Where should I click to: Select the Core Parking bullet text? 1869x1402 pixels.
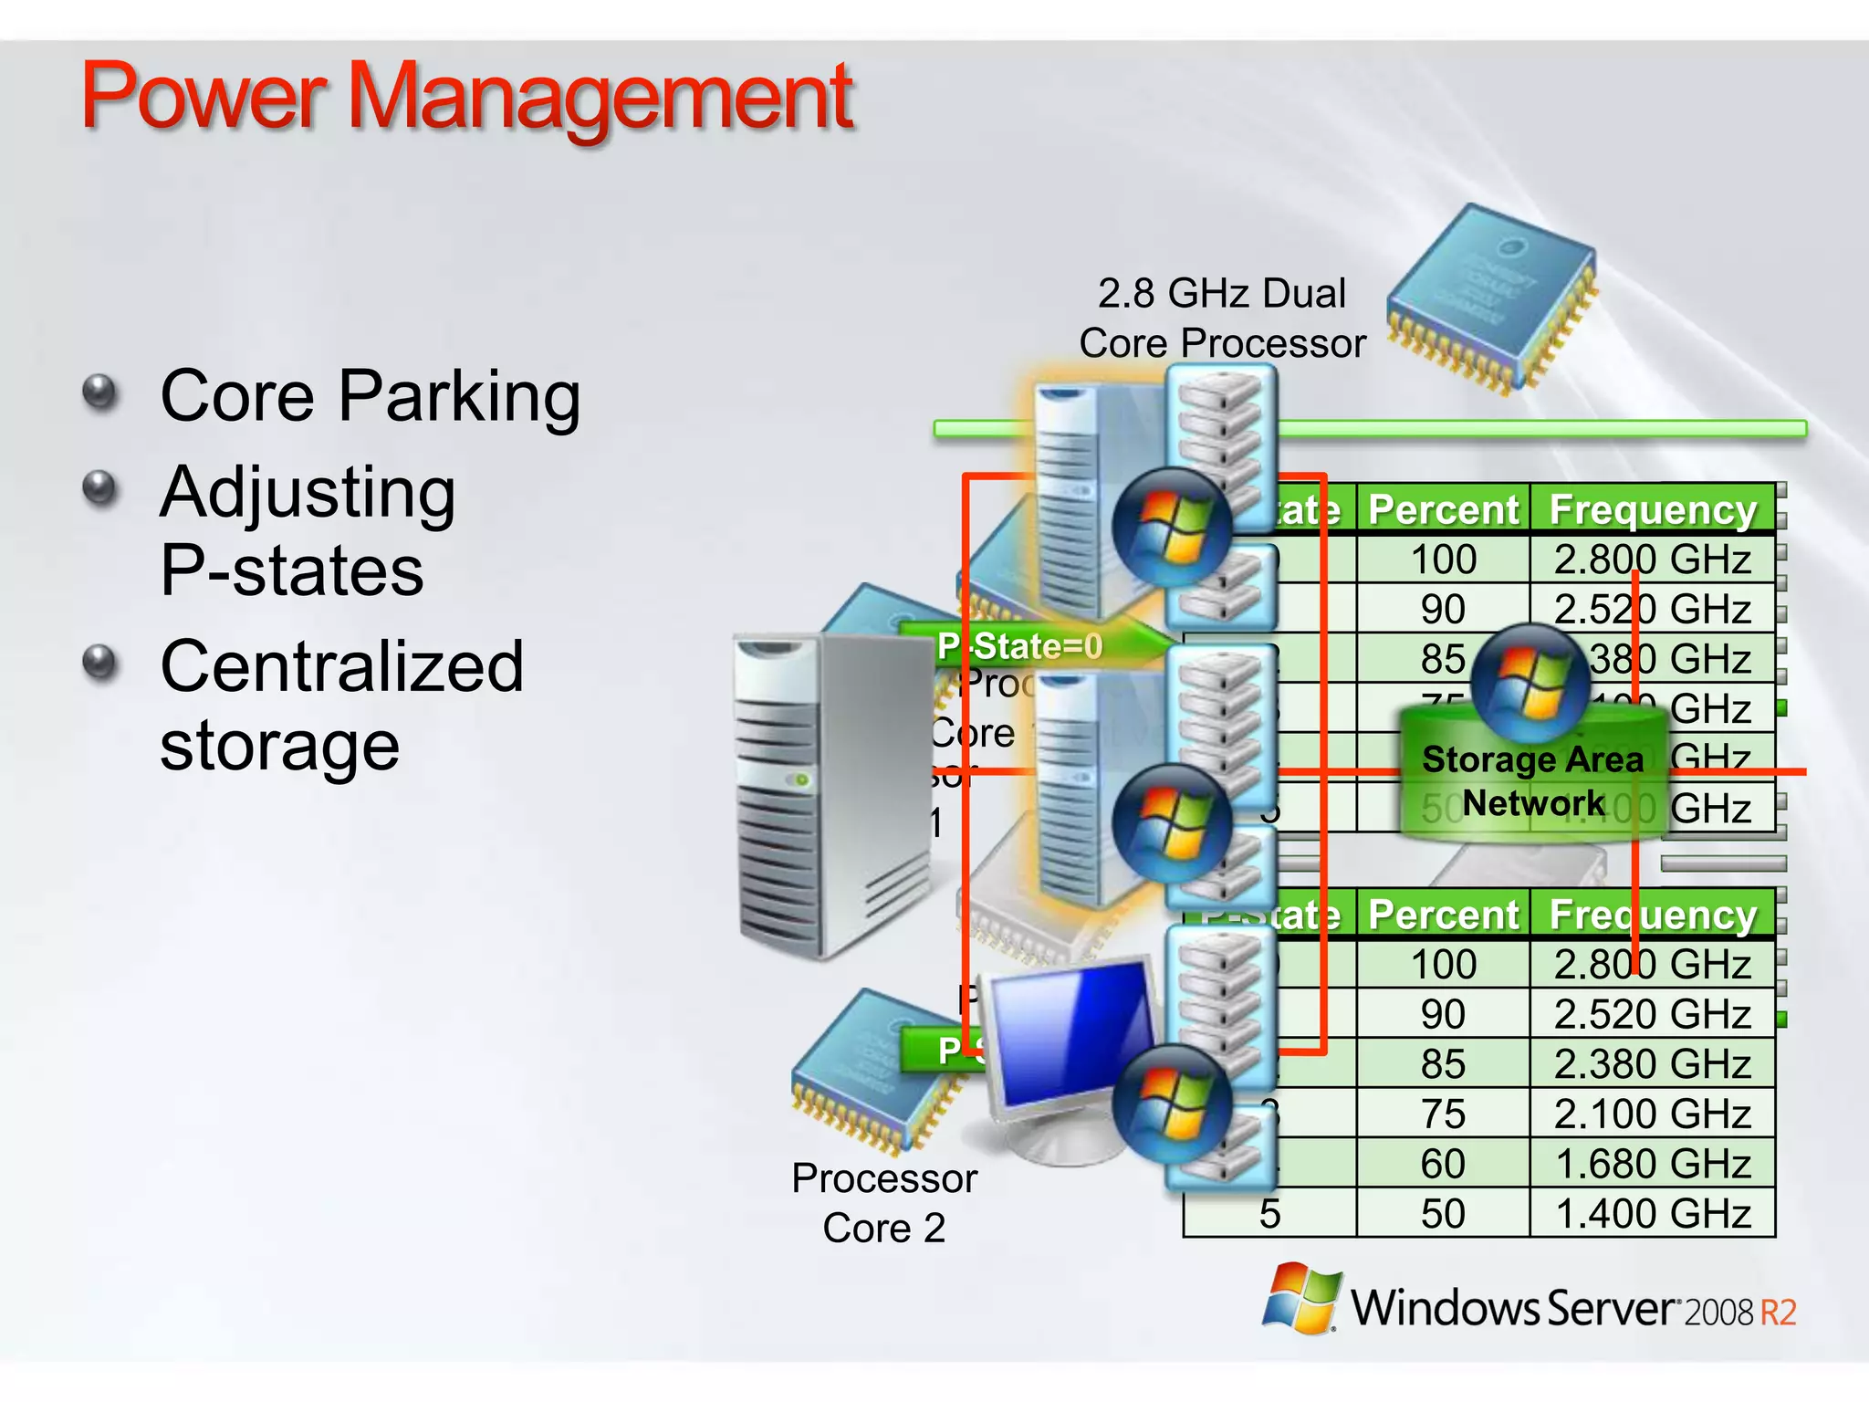pyautogui.click(x=370, y=396)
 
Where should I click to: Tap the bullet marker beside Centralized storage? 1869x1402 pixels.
pyautogui.click(x=100, y=663)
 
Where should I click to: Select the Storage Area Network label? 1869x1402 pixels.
pyautogui.click(x=1533, y=781)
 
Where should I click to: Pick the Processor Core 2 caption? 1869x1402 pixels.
pyautogui.click(x=883, y=1203)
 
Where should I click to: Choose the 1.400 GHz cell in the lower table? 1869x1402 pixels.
pyautogui.click(x=1653, y=1214)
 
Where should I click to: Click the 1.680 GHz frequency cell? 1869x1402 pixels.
pyautogui.click(x=1653, y=1164)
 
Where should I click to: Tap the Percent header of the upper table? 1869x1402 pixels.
pyautogui.click(x=1443, y=509)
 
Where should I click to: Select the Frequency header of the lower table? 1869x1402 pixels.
pyautogui.click(x=1653, y=915)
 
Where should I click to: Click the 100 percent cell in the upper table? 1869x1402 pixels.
pyautogui.click(x=1443, y=560)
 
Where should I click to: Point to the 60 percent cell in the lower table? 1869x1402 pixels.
pyautogui.click(x=1443, y=1164)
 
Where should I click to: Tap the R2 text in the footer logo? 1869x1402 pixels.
pyautogui.click(x=1778, y=1313)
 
